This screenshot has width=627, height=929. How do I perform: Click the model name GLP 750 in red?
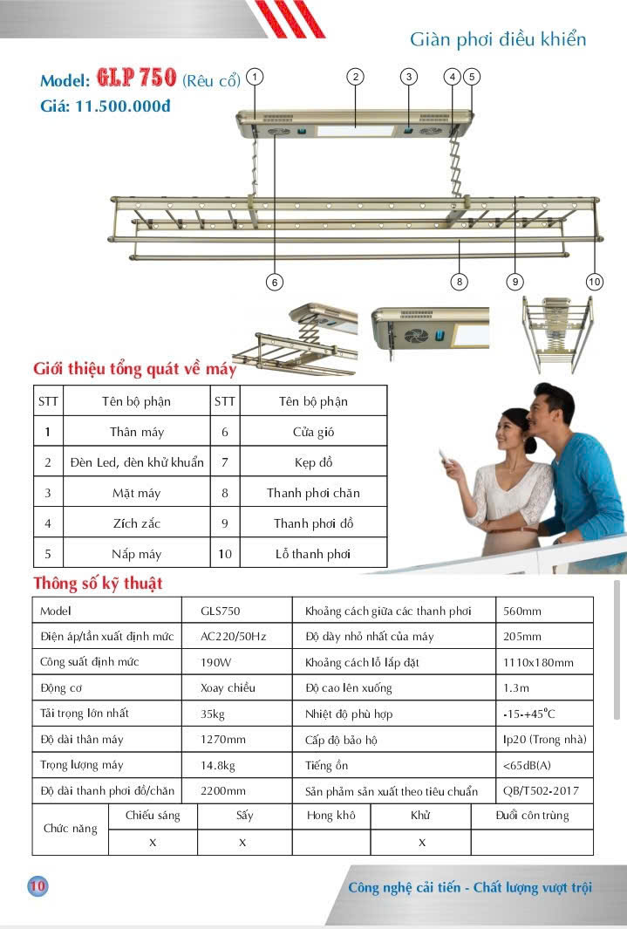(137, 79)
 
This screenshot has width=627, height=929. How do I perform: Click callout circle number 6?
(274, 282)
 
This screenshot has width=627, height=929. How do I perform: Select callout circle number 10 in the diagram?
(595, 282)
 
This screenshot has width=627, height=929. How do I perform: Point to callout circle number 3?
(409, 77)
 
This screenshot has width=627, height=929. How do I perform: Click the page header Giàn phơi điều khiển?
(498, 39)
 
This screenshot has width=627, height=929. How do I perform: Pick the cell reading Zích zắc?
(137, 523)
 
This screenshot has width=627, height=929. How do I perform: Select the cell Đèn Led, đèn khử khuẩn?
(137, 462)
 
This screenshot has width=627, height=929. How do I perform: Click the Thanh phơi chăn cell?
(313, 493)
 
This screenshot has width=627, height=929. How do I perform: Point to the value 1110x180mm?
(538, 662)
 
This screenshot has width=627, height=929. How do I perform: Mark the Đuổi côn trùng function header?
(532, 816)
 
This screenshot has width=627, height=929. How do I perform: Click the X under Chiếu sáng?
(153, 843)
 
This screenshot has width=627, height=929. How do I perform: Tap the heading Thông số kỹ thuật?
(98, 583)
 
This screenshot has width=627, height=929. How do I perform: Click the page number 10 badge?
(37, 886)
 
